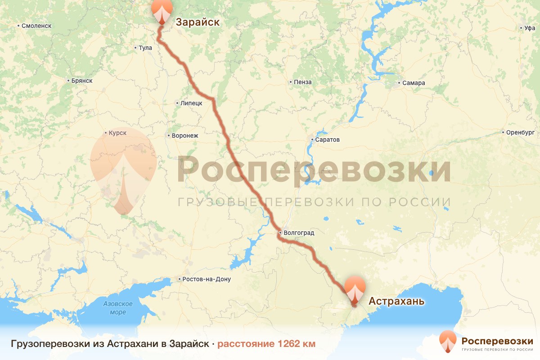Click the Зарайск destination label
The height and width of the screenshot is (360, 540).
coord(197,22)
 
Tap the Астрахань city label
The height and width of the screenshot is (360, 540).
coord(396,301)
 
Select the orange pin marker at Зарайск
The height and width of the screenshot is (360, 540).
coord(162,10)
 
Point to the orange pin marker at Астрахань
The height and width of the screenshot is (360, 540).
coord(355,289)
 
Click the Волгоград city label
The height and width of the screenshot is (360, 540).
coord(298,233)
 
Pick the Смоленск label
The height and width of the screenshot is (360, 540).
coord(36,26)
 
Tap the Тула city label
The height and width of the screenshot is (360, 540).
coord(145,47)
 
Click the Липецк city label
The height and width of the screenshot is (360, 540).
coord(191,103)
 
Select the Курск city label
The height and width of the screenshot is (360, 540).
coord(117,133)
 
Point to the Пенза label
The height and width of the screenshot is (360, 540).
coord(302,82)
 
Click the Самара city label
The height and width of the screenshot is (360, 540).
coord(414,83)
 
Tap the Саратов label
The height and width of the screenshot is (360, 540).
coord(327,139)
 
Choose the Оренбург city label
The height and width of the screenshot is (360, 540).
coord(520,132)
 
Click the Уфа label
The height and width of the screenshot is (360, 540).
coord(529,28)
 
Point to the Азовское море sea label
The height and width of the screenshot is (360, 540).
coord(118,308)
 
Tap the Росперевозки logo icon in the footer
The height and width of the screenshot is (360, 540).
coord(448,341)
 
